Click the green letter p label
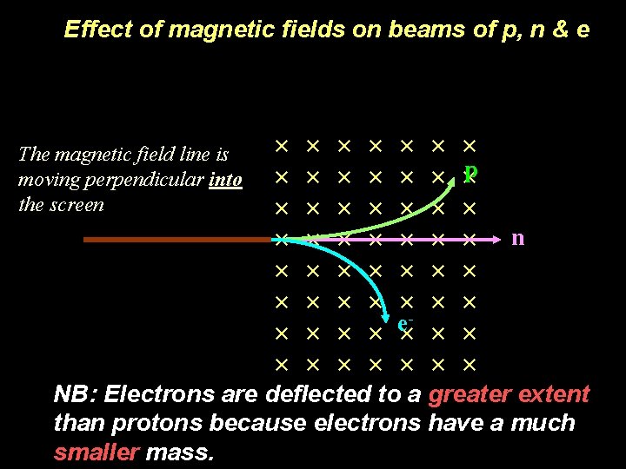pyautogui.click(x=469, y=174)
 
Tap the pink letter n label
pyautogui.click(x=517, y=237)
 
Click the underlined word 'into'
pyautogui.click(x=225, y=180)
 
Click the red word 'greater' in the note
pyautogui.click(x=468, y=394)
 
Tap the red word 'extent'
pyautogui.click(x=554, y=394)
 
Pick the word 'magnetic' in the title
pyautogui.click(x=213, y=30)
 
